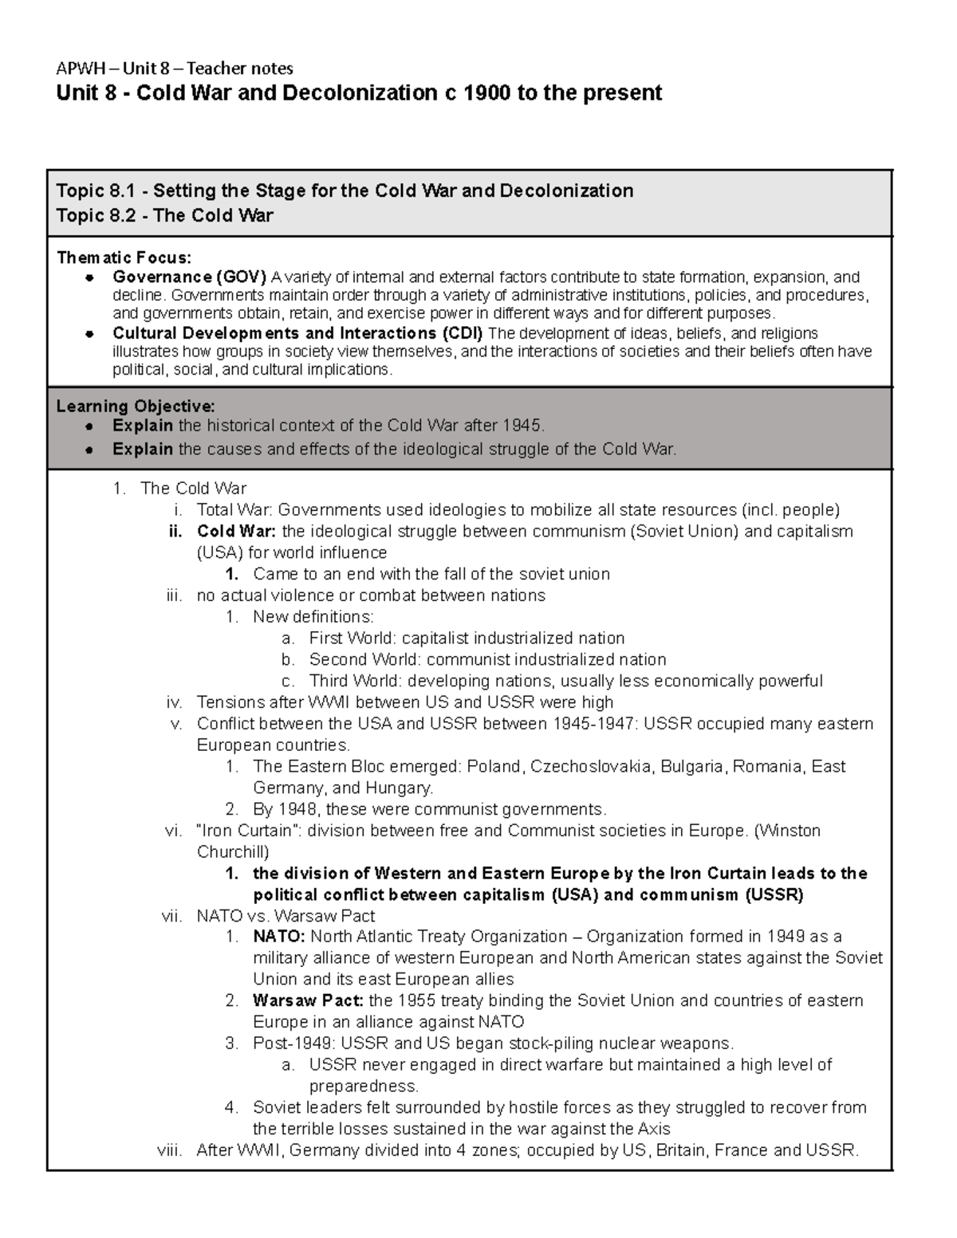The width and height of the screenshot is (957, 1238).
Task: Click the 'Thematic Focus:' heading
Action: click(124, 257)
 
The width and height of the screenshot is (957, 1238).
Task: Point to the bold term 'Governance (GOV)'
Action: click(190, 277)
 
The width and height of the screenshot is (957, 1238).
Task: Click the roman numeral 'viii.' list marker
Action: click(168, 1150)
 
